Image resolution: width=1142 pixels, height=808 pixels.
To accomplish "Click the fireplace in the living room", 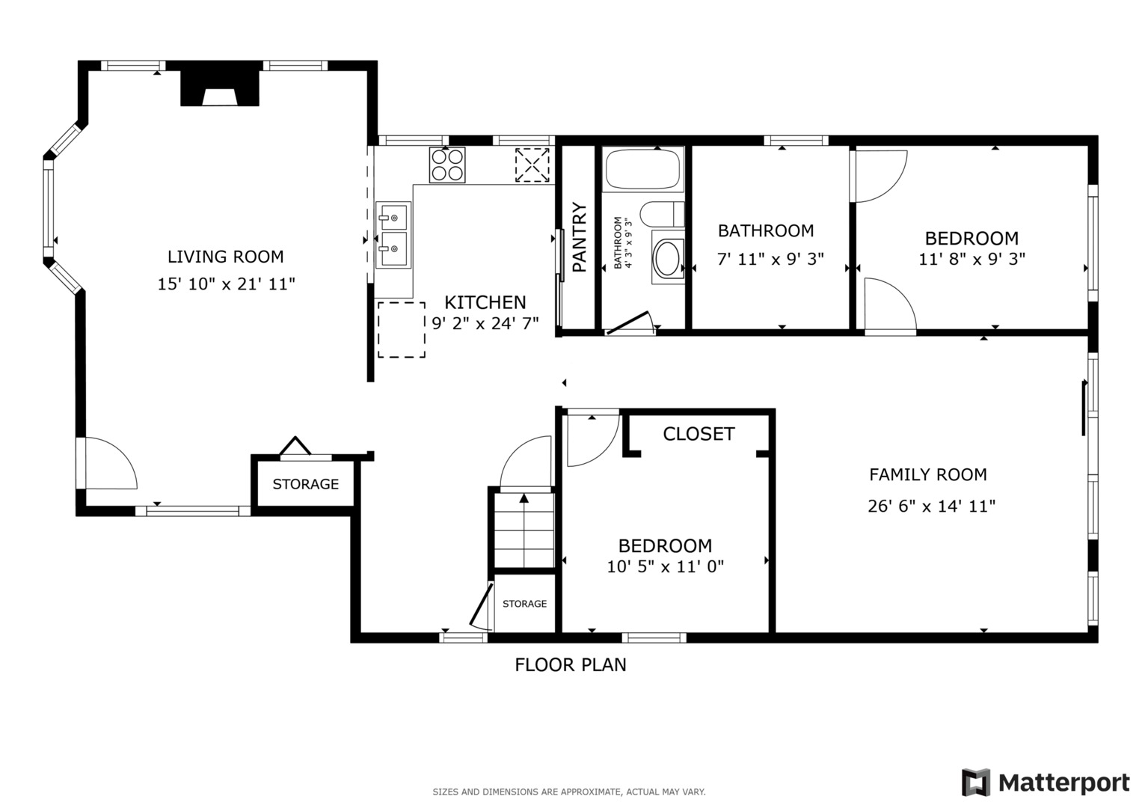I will pyautogui.click(x=220, y=88).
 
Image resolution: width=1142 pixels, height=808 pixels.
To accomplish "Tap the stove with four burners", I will pyautogui.click(x=447, y=165).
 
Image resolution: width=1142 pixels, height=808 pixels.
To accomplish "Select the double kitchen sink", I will pyautogui.click(x=393, y=235).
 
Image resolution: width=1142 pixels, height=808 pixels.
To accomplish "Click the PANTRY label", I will pyautogui.click(x=579, y=237).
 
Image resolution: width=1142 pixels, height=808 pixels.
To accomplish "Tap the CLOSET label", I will pyautogui.click(x=699, y=434).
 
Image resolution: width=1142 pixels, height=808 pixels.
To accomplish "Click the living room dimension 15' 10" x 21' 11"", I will pyautogui.click(x=226, y=284).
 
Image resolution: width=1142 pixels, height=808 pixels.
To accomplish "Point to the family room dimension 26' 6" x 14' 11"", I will pyautogui.click(x=931, y=506).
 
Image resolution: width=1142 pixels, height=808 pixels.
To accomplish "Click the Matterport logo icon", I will pyautogui.click(x=975, y=783).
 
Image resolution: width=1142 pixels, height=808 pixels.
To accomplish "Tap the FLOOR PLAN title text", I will pyautogui.click(x=571, y=664).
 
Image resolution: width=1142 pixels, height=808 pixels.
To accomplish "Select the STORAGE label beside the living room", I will pyautogui.click(x=305, y=484).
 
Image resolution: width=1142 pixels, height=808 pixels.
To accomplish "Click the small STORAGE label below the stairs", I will pyautogui.click(x=524, y=604).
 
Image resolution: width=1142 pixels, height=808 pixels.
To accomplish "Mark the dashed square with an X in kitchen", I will pyautogui.click(x=532, y=165).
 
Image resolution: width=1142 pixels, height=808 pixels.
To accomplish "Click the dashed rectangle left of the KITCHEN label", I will pyautogui.click(x=401, y=330).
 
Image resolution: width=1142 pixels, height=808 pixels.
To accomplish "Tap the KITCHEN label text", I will pyautogui.click(x=485, y=302).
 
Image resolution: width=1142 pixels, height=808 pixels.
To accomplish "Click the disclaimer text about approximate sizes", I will pyautogui.click(x=568, y=792).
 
